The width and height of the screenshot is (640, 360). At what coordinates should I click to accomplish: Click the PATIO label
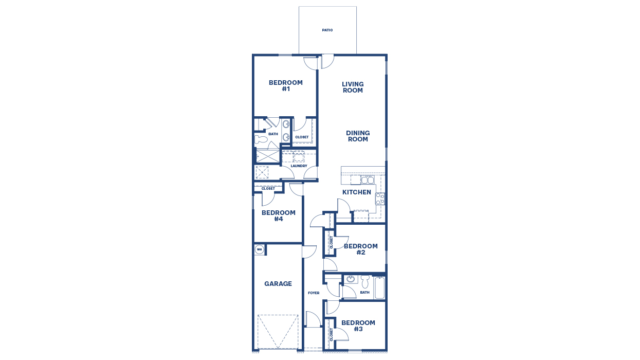pyautogui.click(x=327, y=30)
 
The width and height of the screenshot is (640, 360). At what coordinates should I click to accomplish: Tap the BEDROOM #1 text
pyautogui.click(x=286, y=86)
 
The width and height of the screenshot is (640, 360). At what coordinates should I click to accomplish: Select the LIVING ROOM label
pyautogui.click(x=353, y=87)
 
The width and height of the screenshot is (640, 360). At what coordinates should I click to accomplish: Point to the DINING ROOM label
pyautogui.click(x=358, y=136)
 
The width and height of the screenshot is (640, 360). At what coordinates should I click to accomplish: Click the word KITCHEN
pyautogui.click(x=357, y=192)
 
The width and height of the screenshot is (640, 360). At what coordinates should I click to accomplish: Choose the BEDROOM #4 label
pyautogui.click(x=279, y=216)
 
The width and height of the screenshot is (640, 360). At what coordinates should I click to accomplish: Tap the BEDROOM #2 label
pyautogui.click(x=361, y=249)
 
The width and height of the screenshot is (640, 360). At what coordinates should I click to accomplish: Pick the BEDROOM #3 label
pyautogui.click(x=358, y=326)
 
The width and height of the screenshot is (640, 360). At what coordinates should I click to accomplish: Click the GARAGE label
pyautogui.click(x=278, y=284)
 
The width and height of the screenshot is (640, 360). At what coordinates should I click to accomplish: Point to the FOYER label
pyautogui.click(x=314, y=293)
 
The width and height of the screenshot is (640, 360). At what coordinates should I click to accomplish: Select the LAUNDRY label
pyautogui.click(x=299, y=166)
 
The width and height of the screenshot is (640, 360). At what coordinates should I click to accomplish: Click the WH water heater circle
pyautogui.click(x=259, y=249)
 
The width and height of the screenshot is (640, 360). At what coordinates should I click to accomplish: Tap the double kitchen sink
pyautogui.click(x=367, y=179)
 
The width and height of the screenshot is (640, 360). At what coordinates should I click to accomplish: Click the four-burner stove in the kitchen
pyautogui.click(x=380, y=199)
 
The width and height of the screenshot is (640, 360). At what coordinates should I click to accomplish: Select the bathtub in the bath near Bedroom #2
pyautogui.click(x=380, y=288)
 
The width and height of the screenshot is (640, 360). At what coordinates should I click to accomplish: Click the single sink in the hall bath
pyautogui.click(x=351, y=279)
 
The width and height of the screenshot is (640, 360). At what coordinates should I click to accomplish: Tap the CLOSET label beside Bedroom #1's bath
pyautogui.click(x=302, y=137)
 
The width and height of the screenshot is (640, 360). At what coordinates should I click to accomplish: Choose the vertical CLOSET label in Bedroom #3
pyautogui.click(x=332, y=335)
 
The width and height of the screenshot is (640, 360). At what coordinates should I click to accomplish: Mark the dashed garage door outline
pyautogui.click(x=278, y=332)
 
